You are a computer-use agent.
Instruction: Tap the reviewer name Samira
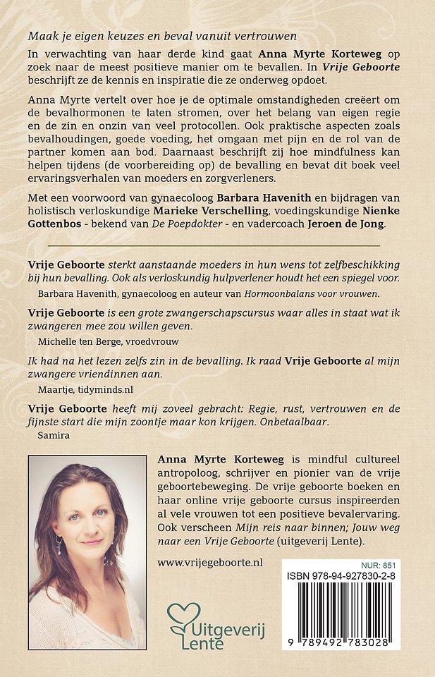tap(51, 436)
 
